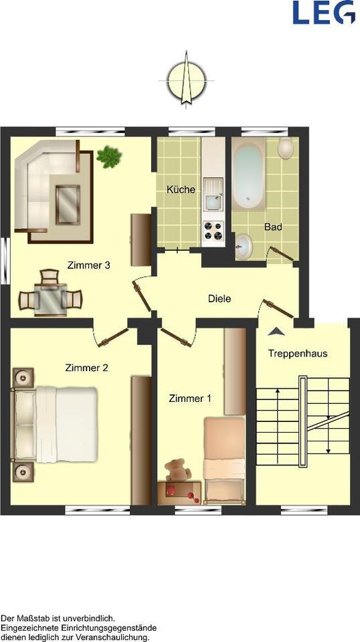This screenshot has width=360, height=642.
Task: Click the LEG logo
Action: coord(323,12)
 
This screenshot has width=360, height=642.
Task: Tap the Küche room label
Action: coord(181,189)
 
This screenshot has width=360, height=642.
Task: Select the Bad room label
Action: coord(273,227)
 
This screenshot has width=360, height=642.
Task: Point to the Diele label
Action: coord(219,298)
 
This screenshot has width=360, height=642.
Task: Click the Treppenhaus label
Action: coord(298,353)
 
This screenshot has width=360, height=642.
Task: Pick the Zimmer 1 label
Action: coord(190,399)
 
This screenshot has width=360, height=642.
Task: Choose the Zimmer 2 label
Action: coord(87,367)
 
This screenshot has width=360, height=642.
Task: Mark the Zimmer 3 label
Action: coord(88,265)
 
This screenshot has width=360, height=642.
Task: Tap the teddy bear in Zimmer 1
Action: coord(177,470)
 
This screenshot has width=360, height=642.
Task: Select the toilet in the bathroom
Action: coord(286,148)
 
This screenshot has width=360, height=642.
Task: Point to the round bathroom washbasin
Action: coord(244,245)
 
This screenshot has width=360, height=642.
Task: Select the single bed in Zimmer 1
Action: coord(223,458)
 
